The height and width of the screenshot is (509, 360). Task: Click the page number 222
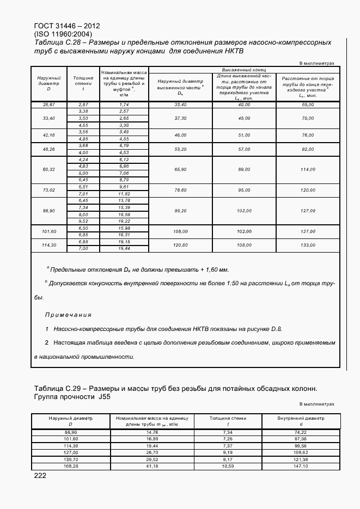pos(40,475)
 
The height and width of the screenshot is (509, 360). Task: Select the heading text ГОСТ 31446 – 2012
pos(66,26)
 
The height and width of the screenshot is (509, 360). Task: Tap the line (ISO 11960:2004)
pos(63,34)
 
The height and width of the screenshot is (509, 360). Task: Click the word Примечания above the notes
pos(68,315)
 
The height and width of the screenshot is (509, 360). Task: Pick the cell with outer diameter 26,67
pos(48,104)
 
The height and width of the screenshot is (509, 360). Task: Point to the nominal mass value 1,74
pos(124,104)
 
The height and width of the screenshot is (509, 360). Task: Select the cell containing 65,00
pos(308,104)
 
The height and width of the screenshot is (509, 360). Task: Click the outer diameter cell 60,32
pos(48,169)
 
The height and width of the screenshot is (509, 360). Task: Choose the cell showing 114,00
pos(308,169)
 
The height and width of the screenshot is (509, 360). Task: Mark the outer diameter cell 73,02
pos(48,189)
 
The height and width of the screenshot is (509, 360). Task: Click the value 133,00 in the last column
pos(308,245)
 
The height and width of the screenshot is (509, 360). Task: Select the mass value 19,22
pos(124,222)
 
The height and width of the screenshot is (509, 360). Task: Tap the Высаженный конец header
pos(243,70)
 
